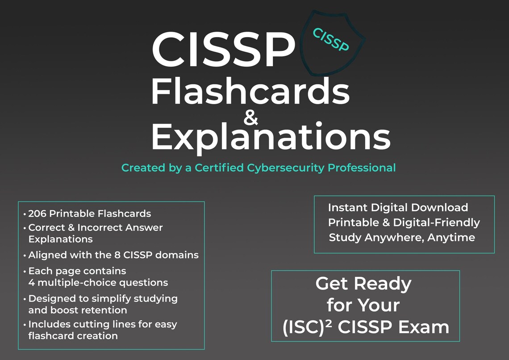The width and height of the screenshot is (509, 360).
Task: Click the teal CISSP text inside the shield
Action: coord(330,40)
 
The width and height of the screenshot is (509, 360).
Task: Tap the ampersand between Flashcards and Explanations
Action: coord(251,117)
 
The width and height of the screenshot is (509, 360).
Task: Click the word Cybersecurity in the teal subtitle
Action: coord(285,168)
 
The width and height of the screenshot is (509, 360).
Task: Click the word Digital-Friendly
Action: coord(436,223)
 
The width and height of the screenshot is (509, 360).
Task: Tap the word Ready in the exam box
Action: coord(383,284)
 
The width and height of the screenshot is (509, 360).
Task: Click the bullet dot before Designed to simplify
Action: coord(25,299)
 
